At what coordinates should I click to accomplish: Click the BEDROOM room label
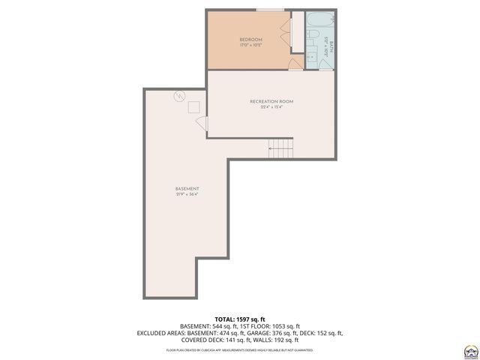tap(250, 39)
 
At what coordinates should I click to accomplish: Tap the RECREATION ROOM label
tap(271, 100)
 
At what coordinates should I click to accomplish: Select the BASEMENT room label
tap(187, 188)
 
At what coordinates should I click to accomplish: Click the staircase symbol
tap(280, 148)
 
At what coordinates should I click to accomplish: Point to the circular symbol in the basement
tap(178, 95)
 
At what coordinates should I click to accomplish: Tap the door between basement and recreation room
tap(201, 124)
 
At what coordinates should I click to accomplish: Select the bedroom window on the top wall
tap(269, 10)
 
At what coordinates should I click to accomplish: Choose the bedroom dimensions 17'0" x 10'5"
tap(250, 45)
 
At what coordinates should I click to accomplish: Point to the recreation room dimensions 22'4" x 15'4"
tap(271, 107)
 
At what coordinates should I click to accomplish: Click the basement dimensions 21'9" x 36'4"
tap(187, 195)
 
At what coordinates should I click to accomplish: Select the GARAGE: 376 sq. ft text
tap(273, 333)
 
